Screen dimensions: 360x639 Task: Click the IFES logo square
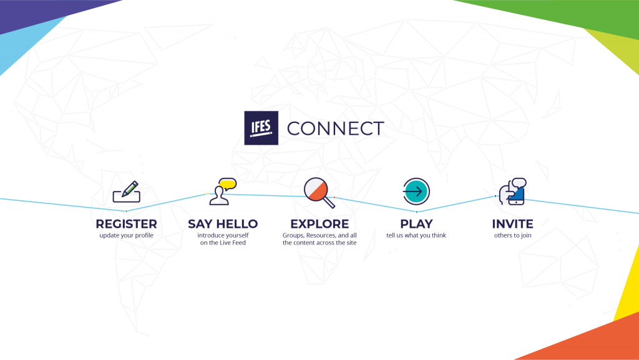click(x=261, y=128)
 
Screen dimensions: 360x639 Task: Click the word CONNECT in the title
click(x=335, y=129)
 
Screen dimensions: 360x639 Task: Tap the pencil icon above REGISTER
click(x=129, y=188)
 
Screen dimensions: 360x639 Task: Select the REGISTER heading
click(x=126, y=223)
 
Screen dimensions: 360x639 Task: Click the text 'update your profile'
click(x=126, y=236)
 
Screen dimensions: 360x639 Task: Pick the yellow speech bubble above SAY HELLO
click(x=227, y=183)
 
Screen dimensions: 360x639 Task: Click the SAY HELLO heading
click(x=223, y=223)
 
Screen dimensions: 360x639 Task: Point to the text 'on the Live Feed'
click(x=223, y=243)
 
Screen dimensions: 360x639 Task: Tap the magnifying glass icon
click(x=318, y=191)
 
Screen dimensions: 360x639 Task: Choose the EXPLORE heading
click(x=319, y=223)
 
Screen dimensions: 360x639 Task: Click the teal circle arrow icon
click(x=416, y=191)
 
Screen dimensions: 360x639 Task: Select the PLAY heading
click(x=416, y=223)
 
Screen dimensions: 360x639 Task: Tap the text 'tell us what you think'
click(x=416, y=236)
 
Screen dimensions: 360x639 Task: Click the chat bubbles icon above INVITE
click(x=512, y=191)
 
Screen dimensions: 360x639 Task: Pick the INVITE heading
click(x=512, y=223)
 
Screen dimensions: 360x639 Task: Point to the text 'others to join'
click(x=512, y=236)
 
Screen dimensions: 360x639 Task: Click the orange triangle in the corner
click(x=593, y=343)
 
